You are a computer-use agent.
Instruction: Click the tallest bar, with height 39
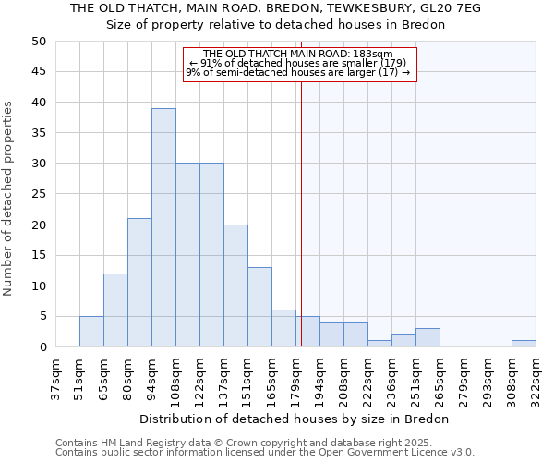163,227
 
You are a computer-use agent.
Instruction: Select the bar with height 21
139,283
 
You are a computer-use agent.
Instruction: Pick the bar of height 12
115,310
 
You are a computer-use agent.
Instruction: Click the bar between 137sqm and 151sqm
235,286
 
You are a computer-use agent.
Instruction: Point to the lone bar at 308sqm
524,344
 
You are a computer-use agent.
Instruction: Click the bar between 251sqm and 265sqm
428,337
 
